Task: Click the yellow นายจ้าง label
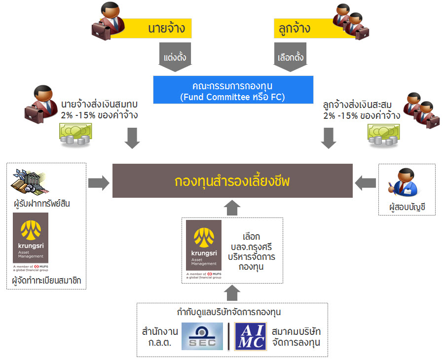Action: (x=158, y=28)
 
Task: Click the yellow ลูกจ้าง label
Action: (x=296, y=28)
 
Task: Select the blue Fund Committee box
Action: (x=233, y=90)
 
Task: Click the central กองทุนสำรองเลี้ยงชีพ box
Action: (x=232, y=181)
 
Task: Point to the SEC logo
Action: (x=202, y=336)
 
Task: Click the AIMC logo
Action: (x=251, y=336)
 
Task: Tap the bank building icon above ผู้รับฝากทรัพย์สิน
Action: (x=28, y=180)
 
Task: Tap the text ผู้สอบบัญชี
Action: (x=407, y=208)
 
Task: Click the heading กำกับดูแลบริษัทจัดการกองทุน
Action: (x=232, y=312)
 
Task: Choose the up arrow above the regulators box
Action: (x=232, y=293)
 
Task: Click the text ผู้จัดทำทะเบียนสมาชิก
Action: (x=46, y=281)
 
